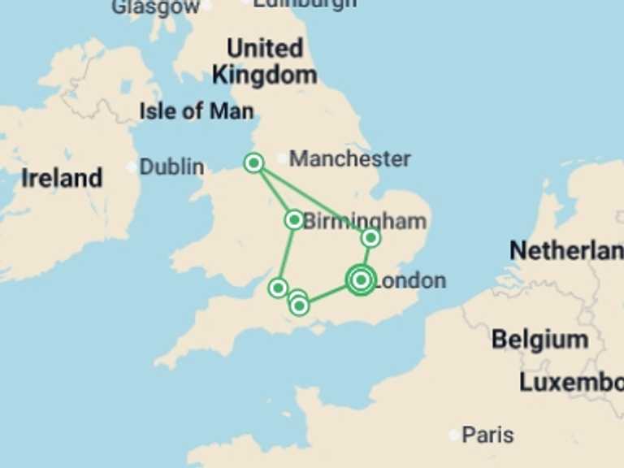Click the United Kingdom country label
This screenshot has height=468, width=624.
click(x=264, y=62)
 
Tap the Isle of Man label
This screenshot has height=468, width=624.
click(x=196, y=110)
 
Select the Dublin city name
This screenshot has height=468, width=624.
click(x=171, y=167)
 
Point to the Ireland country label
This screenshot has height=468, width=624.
click(x=62, y=178)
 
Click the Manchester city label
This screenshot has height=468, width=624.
click(x=349, y=158)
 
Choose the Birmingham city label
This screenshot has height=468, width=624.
click(x=365, y=221)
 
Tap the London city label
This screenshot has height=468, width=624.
click(x=410, y=281)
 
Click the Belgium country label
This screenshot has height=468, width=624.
click(x=539, y=339)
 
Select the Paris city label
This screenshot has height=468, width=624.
click(x=487, y=435)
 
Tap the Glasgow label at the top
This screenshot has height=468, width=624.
click(x=155, y=7)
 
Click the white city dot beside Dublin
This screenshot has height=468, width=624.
click(x=132, y=167)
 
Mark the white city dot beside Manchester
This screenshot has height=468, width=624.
click(x=282, y=158)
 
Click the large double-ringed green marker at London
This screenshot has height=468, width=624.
click(x=361, y=279)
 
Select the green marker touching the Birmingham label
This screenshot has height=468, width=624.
click(x=294, y=219)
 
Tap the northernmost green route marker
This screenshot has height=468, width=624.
click(x=253, y=163)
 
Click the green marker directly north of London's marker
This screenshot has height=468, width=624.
click(x=370, y=237)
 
